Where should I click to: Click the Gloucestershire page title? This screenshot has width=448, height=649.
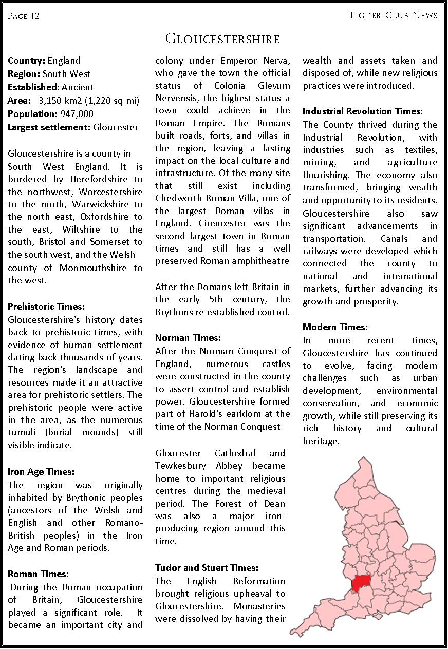click(x=222, y=39)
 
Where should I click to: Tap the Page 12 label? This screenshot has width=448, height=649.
click(x=24, y=16)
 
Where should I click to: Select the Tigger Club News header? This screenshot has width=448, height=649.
click(x=393, y=15)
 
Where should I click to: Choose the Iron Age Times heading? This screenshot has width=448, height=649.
click(x=41, y=472)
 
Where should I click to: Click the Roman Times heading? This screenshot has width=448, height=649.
click(x=39, y=574)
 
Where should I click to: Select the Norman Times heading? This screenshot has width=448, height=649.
click(x=188, y=338)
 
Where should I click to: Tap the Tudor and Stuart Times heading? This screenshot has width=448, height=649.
click(x=207, y=568)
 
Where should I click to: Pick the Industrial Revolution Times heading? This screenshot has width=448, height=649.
click(x=363, y=111)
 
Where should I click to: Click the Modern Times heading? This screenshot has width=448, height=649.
click(x=335, y=327)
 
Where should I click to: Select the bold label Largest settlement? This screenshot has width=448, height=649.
click(x=49, y=127)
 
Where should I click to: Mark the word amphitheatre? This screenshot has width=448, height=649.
click(x=260, y=261)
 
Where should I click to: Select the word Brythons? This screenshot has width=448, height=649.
click(x=177, y=312)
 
